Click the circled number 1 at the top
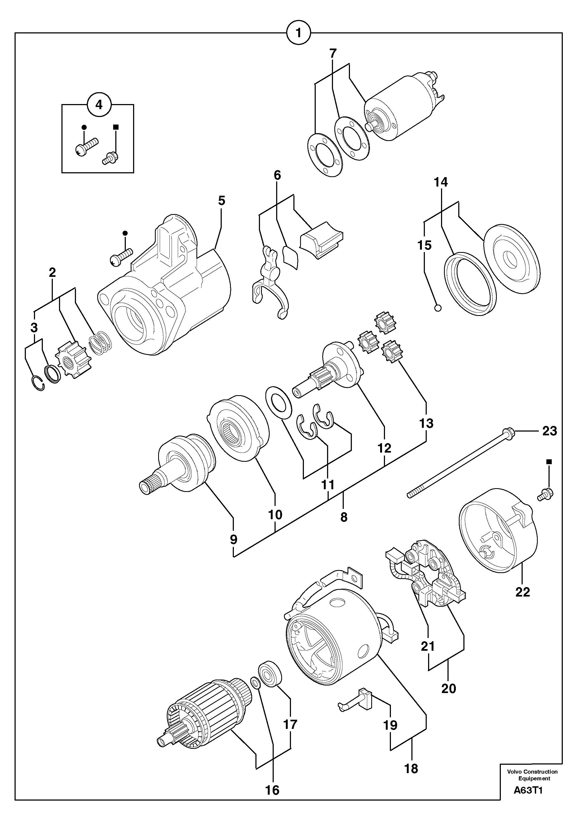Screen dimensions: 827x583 point(299,33)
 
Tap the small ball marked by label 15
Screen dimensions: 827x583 point(438,308)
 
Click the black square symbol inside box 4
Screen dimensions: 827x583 point(116,127)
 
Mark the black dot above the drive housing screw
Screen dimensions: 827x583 point(125,233)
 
